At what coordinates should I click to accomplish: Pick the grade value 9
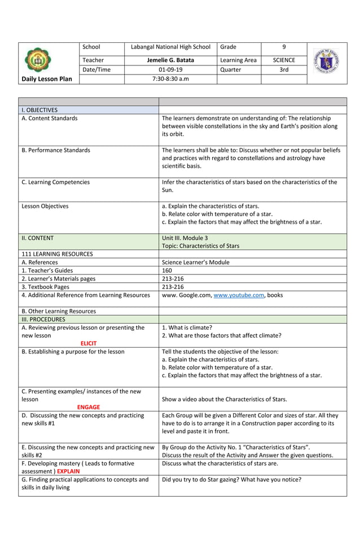coord(284,47)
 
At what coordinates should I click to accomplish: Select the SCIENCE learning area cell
coord(284,60)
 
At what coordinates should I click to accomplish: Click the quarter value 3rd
coord(284,69)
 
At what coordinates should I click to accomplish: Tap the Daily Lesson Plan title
coord(47,79)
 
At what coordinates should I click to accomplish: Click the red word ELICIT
coord(89,343)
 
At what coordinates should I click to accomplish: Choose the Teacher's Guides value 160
coord(167,270)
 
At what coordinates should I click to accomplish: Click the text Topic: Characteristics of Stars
coord(200,246)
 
